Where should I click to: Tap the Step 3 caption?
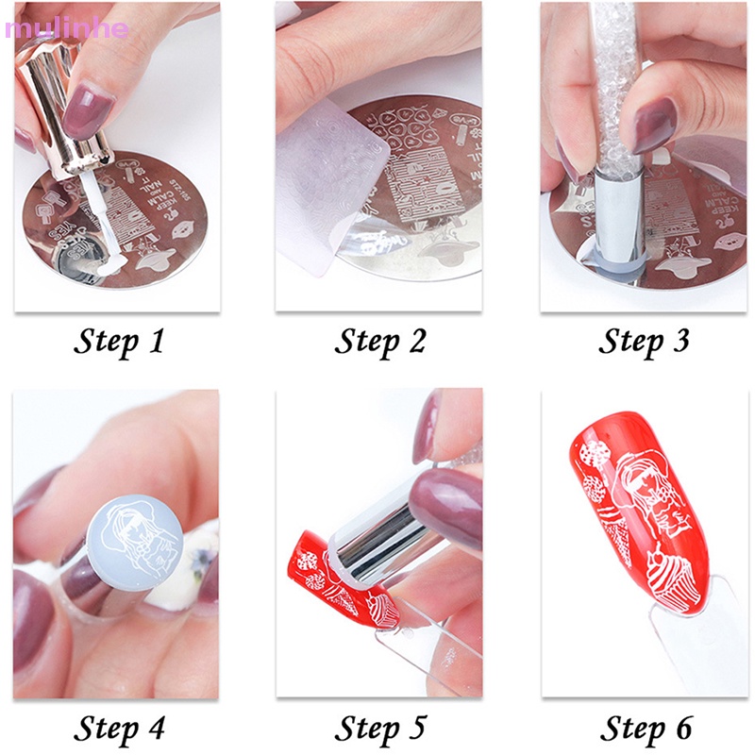tap(645, 341)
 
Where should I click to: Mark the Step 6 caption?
tap(645, 728)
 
